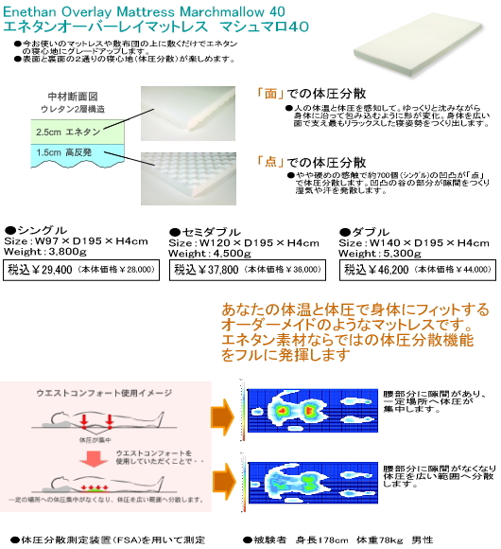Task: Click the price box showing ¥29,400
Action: (80, 270)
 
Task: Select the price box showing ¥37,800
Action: (244, 270)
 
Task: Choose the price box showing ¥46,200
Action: (417, 270)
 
